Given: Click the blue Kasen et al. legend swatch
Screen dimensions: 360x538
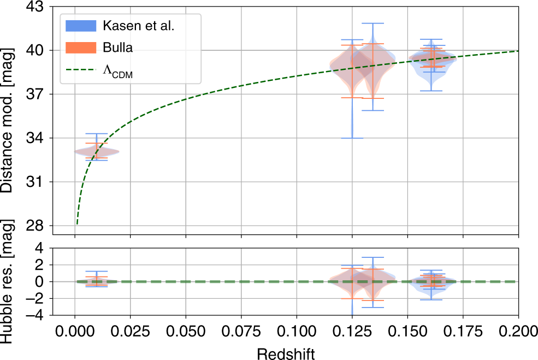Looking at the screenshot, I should pyautogui.click(x=81, y=25).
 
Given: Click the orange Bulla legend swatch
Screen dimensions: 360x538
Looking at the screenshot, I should pyautogui.click(x=81, y=48).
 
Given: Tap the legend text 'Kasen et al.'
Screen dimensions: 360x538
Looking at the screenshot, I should pyautogui.click(x=138, y=26).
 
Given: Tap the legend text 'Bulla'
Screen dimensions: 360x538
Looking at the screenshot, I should pyautogui.click(x=117, y=48).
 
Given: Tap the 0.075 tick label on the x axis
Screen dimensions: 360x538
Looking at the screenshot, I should pyautogui.click(x=241, y=331).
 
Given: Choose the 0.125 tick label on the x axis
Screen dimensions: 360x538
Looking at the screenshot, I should pyautogui.click(x=352, y=331).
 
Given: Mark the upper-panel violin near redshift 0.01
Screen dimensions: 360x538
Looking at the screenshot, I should pyautogui.click(x=96, y=151).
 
